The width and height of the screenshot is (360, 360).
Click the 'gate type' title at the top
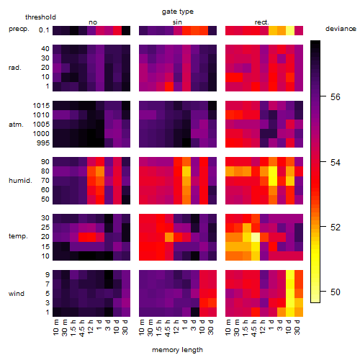point(178,12)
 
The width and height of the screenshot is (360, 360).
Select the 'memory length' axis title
point(178,350)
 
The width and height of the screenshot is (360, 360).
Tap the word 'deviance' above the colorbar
point(341,29)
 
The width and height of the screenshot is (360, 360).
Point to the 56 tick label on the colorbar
point(336,97)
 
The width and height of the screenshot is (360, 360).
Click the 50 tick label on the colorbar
point(336,292)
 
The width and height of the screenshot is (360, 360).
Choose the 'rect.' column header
point(262,22)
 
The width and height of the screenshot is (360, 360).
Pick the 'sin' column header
point(177,22)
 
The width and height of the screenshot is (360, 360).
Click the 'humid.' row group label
point(20,181)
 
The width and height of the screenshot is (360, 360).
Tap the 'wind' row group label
point(17,294)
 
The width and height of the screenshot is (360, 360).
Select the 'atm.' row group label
point(16,125)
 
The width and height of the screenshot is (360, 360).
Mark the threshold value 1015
point(41,106)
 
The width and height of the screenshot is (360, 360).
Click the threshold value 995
point(43,143)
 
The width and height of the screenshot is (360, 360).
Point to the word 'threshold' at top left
point(40,17)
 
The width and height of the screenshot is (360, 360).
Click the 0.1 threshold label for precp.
point(44,30)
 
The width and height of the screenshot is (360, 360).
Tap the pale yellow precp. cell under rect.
point(290,30)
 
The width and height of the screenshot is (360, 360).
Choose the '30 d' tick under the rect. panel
point(297,327)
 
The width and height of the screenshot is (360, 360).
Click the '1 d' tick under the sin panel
point(185,325)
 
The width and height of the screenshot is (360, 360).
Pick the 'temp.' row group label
point(18,236)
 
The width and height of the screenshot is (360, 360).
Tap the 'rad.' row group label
point(15,68)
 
